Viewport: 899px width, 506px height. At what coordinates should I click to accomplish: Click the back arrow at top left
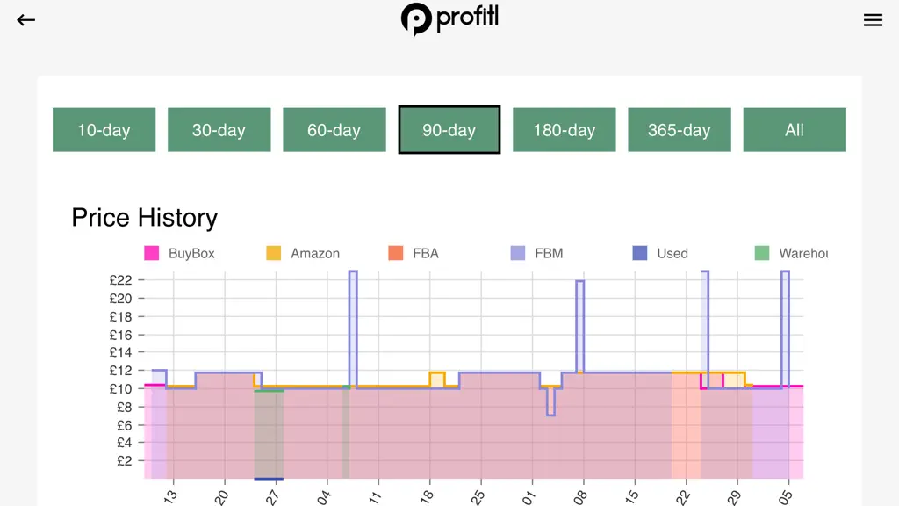pos(25,20)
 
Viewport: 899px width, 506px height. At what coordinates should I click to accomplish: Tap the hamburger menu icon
pos(873,20)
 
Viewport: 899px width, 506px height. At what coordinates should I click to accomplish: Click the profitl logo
pos(449,19)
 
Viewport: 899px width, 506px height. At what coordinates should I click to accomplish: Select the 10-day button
pos(104,130)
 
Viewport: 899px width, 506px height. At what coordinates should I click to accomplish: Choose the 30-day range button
pos(219,130)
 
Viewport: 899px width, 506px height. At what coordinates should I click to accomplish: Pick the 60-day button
pos(334,130)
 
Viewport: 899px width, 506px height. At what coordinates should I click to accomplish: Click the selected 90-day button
pos(449,130)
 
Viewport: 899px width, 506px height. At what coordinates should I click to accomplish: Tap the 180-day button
pos(565,130)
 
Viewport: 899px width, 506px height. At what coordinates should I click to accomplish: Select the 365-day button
pos(680,130)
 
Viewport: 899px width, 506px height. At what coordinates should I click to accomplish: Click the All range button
pos(795,130)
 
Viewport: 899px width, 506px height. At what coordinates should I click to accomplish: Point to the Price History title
pos(145,218)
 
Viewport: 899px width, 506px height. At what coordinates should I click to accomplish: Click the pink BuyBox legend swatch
pos(151,253)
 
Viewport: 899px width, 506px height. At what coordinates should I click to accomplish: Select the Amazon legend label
pos(315,254)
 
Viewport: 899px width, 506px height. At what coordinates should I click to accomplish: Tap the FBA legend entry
pos(414,253)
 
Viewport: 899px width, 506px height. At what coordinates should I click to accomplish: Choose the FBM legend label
pos(549,254)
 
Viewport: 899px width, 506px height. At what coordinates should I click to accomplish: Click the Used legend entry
pos(660,253)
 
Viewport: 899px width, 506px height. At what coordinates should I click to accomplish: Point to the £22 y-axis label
pos(120,280)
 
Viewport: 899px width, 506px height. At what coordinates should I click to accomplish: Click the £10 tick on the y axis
pos(141,389)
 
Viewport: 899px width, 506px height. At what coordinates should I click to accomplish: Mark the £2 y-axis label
pos(125,460)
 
